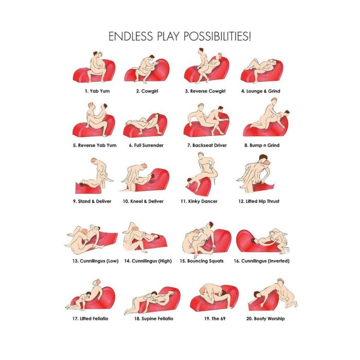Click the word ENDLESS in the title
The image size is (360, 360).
tap(131, 37)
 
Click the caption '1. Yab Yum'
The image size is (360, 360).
tap(97, 91)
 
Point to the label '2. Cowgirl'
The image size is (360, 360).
tap(147, 91)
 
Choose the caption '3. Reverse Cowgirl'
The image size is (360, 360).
tap(205, 91)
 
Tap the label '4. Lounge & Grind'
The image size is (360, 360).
tap(261, 91)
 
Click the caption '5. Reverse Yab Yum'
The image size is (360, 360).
tap(95, 146)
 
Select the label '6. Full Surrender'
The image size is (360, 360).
tap(146, 146)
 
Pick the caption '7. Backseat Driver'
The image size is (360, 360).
tap(207, 146)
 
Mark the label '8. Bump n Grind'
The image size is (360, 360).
tap(262, 146)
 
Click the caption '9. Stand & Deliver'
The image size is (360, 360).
tap(92, 202)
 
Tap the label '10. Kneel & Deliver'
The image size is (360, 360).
tap(143, 202)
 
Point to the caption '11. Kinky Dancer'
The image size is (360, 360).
tap(199, 202)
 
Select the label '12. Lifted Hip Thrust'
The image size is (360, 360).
tap(259, 202)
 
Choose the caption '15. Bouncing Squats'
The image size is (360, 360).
tap(202, 261)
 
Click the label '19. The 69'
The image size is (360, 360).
tap(215, 319)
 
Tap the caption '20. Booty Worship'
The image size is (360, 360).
tap(265, 319)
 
